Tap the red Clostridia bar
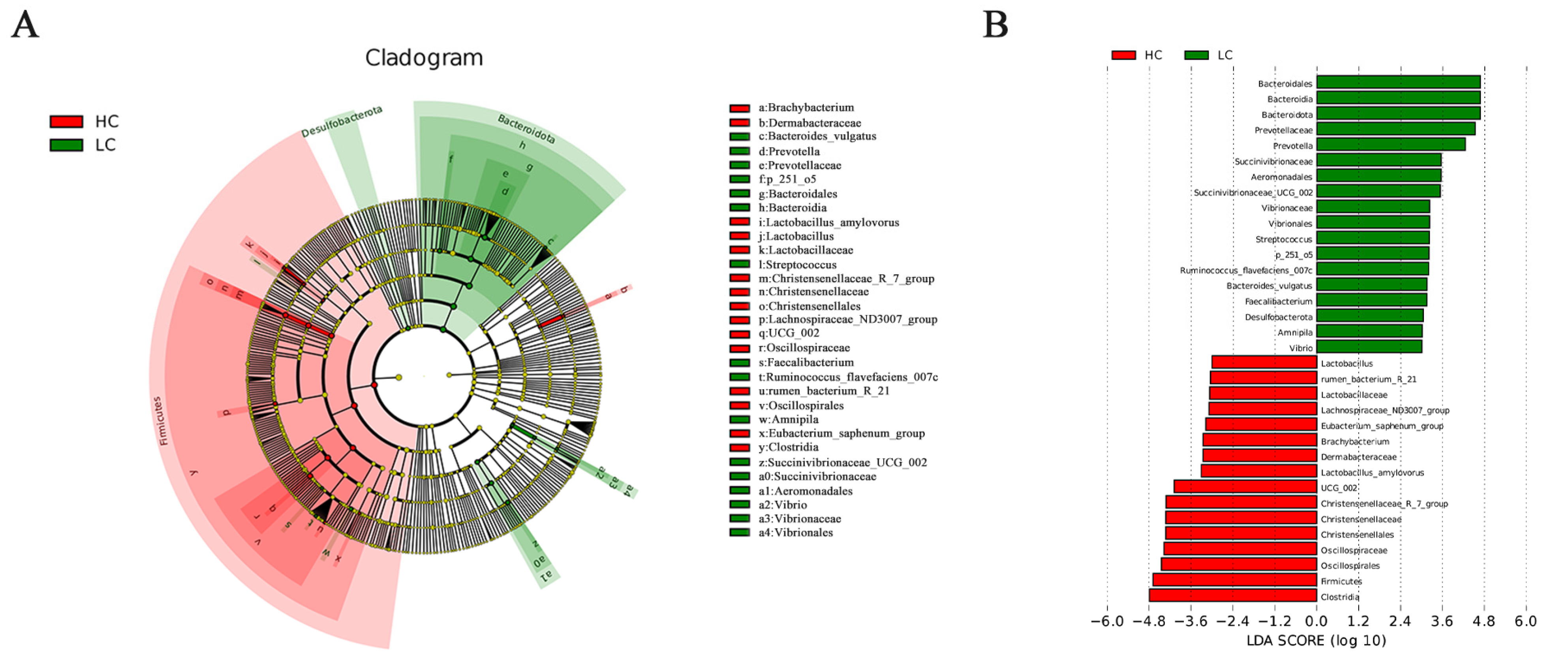pos(1233,595)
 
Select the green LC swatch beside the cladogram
pos(66,145)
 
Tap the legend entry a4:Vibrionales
pos(796,533)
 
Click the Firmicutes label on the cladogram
pos(160,421)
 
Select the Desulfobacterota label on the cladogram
pos(342,121)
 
